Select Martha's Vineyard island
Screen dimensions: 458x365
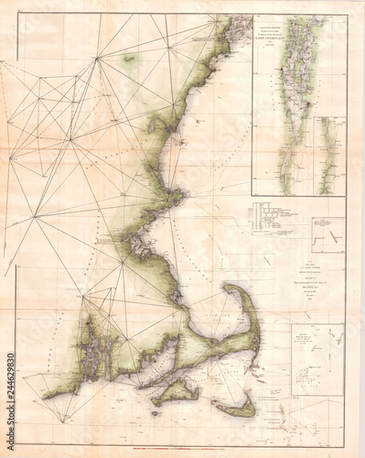(x=175, y=392)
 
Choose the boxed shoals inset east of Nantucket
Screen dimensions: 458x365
(x=316, y=357)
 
